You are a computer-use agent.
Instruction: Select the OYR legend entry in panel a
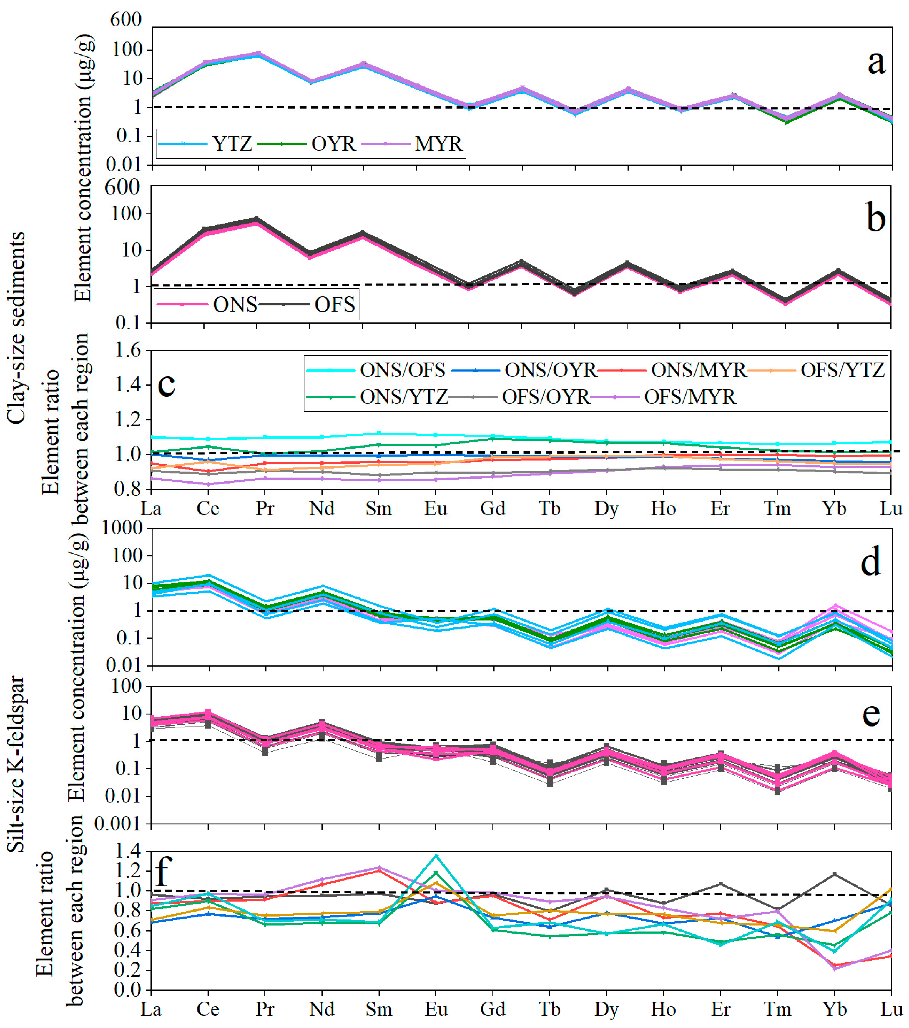pos(307,144)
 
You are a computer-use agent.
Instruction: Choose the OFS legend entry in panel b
pos(307,304)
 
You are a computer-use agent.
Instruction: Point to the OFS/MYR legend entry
pos(664,397)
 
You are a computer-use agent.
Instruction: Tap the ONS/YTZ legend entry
pos(377,397)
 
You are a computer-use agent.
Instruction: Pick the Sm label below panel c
pos(379,509)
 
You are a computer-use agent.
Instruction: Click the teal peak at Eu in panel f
pos(436,856)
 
